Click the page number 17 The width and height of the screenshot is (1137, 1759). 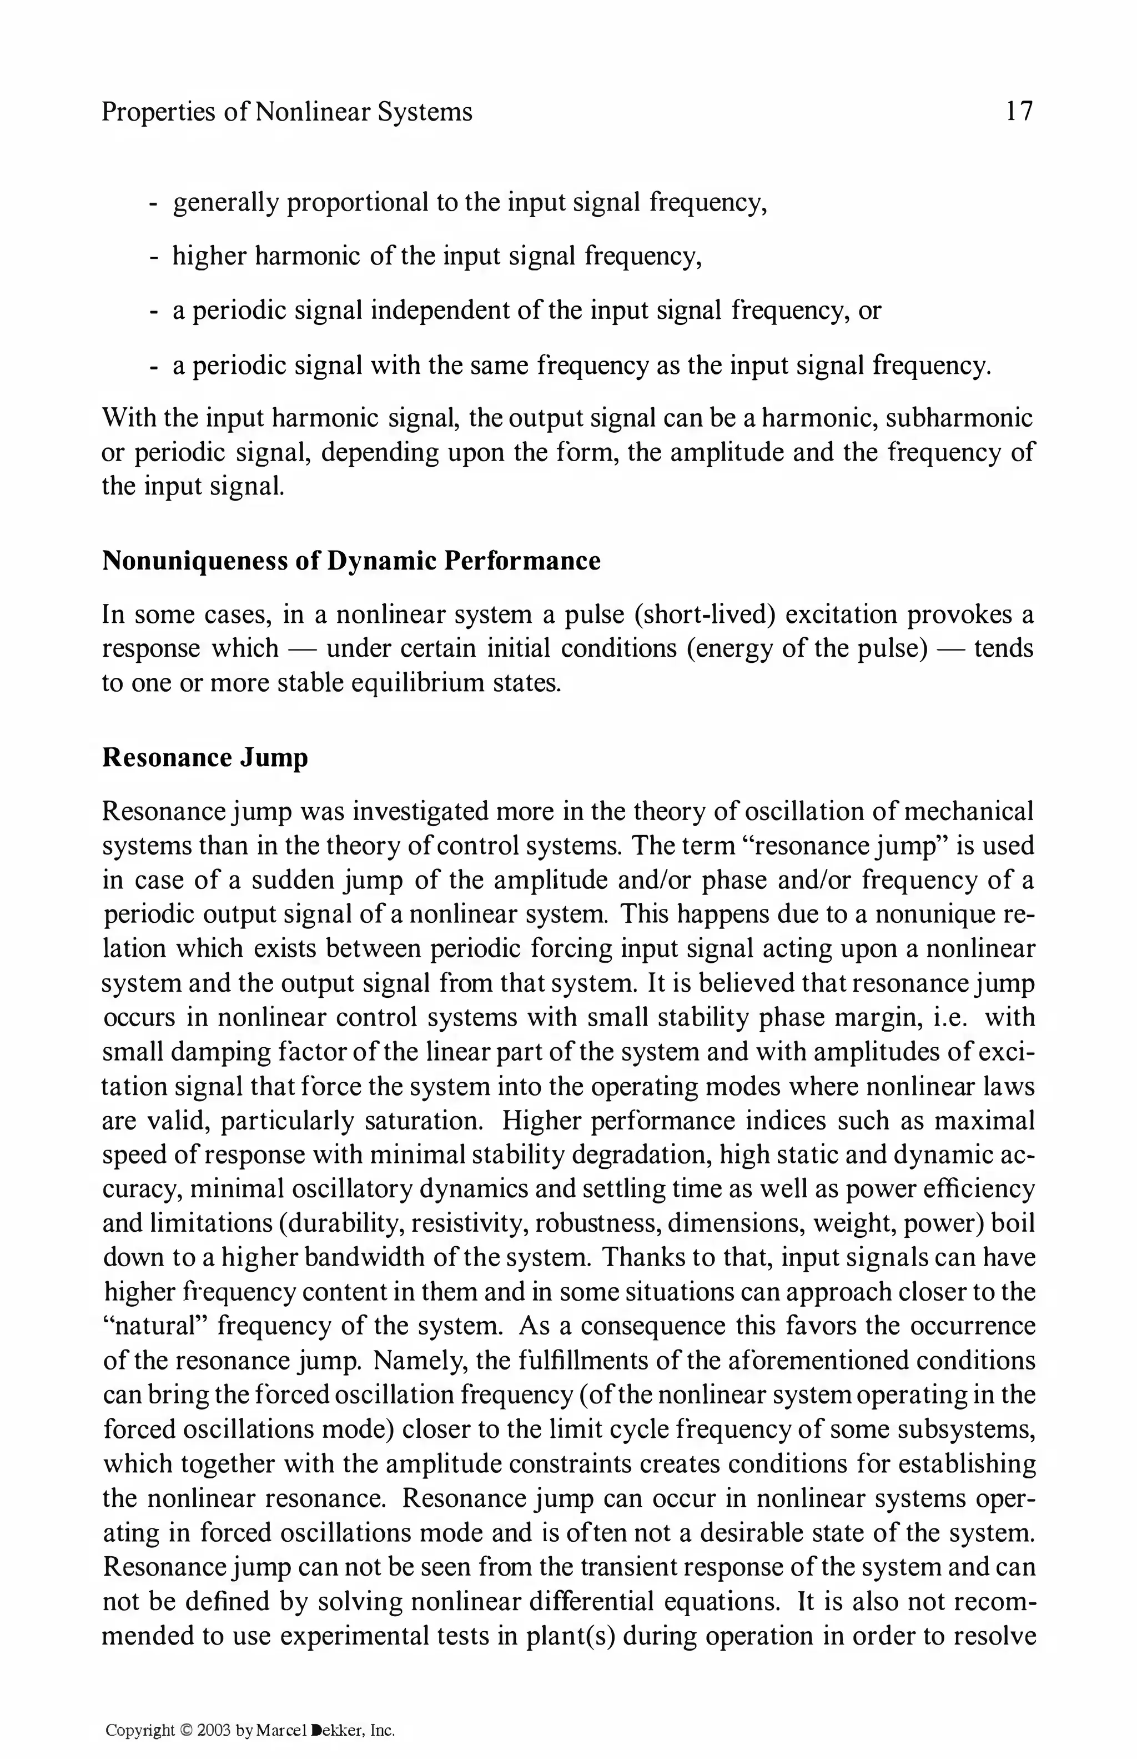point(1019,112)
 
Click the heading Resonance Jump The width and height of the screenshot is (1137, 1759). point(204,758)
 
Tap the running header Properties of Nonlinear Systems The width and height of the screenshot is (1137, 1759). point(286,112)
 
